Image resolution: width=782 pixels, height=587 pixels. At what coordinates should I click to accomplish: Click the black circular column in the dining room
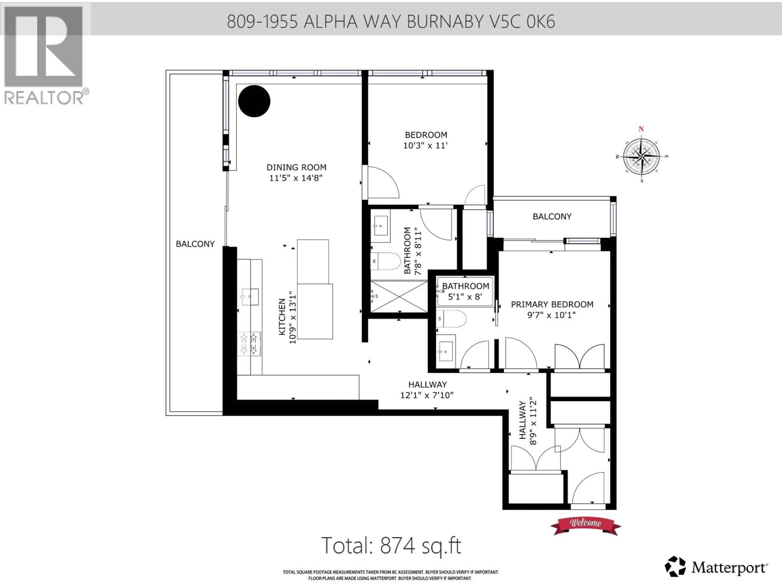[x=254, y=101]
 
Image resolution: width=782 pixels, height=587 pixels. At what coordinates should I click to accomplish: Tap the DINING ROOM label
[x=296, y=167]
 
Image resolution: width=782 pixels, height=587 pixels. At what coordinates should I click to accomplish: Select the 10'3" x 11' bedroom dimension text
[x=426, y=145]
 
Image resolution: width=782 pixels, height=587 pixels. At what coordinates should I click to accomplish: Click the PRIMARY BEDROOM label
[x=552, y=304]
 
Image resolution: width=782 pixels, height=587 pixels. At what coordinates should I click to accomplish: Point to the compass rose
[x=641, y=156]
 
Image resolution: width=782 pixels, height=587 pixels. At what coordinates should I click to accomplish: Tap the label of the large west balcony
[x=195, y=244]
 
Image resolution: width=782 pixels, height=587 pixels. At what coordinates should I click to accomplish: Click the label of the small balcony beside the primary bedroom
[x=552, y=216]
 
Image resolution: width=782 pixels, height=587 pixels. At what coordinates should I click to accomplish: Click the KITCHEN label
[x=282, y=317]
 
